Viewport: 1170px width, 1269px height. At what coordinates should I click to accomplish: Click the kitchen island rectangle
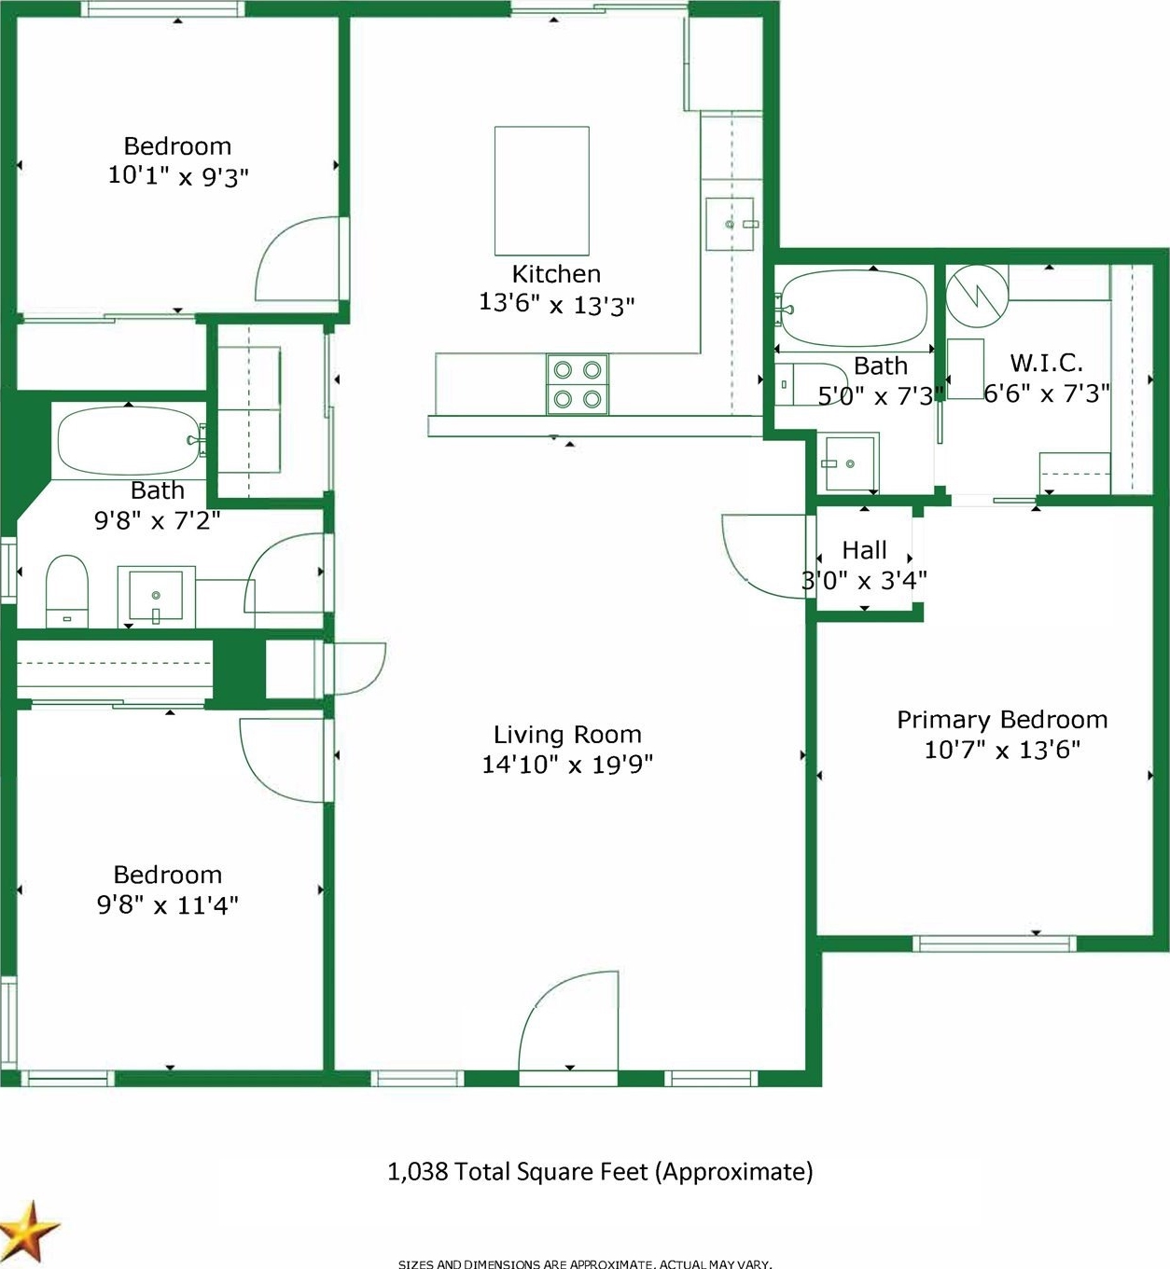click(x=541, y=190)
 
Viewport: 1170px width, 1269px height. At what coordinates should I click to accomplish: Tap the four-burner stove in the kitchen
click(x=578, y=384)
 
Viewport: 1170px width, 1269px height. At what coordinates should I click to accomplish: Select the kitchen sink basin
click(x=730, y=224)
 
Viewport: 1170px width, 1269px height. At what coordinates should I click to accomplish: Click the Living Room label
click(x=567, y=735)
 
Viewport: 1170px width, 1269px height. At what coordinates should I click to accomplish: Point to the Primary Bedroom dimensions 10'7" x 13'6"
click(x=1002, y=750)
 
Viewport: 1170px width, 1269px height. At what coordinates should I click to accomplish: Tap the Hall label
click(x=864, y=550)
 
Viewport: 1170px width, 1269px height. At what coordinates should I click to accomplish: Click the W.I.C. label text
click(x=1046, y=363)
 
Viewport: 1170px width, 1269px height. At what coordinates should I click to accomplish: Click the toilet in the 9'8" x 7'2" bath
click(x=66, y=591)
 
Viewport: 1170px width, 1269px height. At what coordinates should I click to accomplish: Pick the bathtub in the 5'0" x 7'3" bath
click(x=854, y=308)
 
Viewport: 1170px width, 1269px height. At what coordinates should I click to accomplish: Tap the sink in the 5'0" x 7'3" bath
click(x=848, y=463)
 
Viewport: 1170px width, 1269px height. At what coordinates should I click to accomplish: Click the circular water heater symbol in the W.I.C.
click(x=977, y=296)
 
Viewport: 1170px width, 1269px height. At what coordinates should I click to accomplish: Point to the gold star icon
click(x=29, y=1230)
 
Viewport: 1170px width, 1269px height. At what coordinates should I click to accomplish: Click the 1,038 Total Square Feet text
click(x=600, y=1172)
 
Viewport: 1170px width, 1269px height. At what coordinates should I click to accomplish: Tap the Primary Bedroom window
click(x=994, y=944)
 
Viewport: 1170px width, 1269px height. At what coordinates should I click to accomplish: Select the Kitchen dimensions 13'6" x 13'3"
click(x=556, y=304)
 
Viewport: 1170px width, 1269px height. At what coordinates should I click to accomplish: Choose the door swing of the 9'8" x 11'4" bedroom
click(x=286, y=761)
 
